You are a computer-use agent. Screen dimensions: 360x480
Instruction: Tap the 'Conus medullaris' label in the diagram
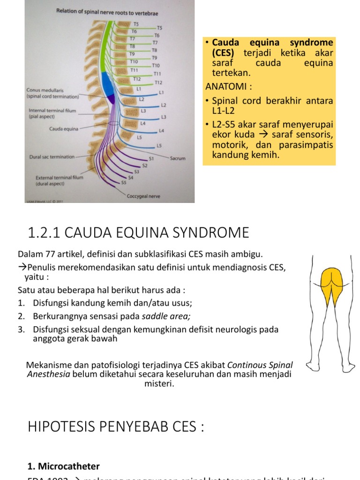point(45,90)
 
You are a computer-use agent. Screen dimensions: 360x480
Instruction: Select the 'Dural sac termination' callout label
point(52,157)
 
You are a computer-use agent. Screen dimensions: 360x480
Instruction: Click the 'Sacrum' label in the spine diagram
point(178,158)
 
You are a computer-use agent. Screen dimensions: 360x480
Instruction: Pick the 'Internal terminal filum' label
point(52,111)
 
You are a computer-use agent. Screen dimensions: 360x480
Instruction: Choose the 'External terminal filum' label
point(60,178)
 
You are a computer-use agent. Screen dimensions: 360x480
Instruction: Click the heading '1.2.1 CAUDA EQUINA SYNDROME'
point(139,232)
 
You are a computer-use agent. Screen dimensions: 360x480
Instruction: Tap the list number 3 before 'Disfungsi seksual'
point(21,330)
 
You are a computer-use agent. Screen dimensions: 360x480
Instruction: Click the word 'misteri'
point(159,384)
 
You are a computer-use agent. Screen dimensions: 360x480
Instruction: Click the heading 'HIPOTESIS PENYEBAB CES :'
point(116,427)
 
